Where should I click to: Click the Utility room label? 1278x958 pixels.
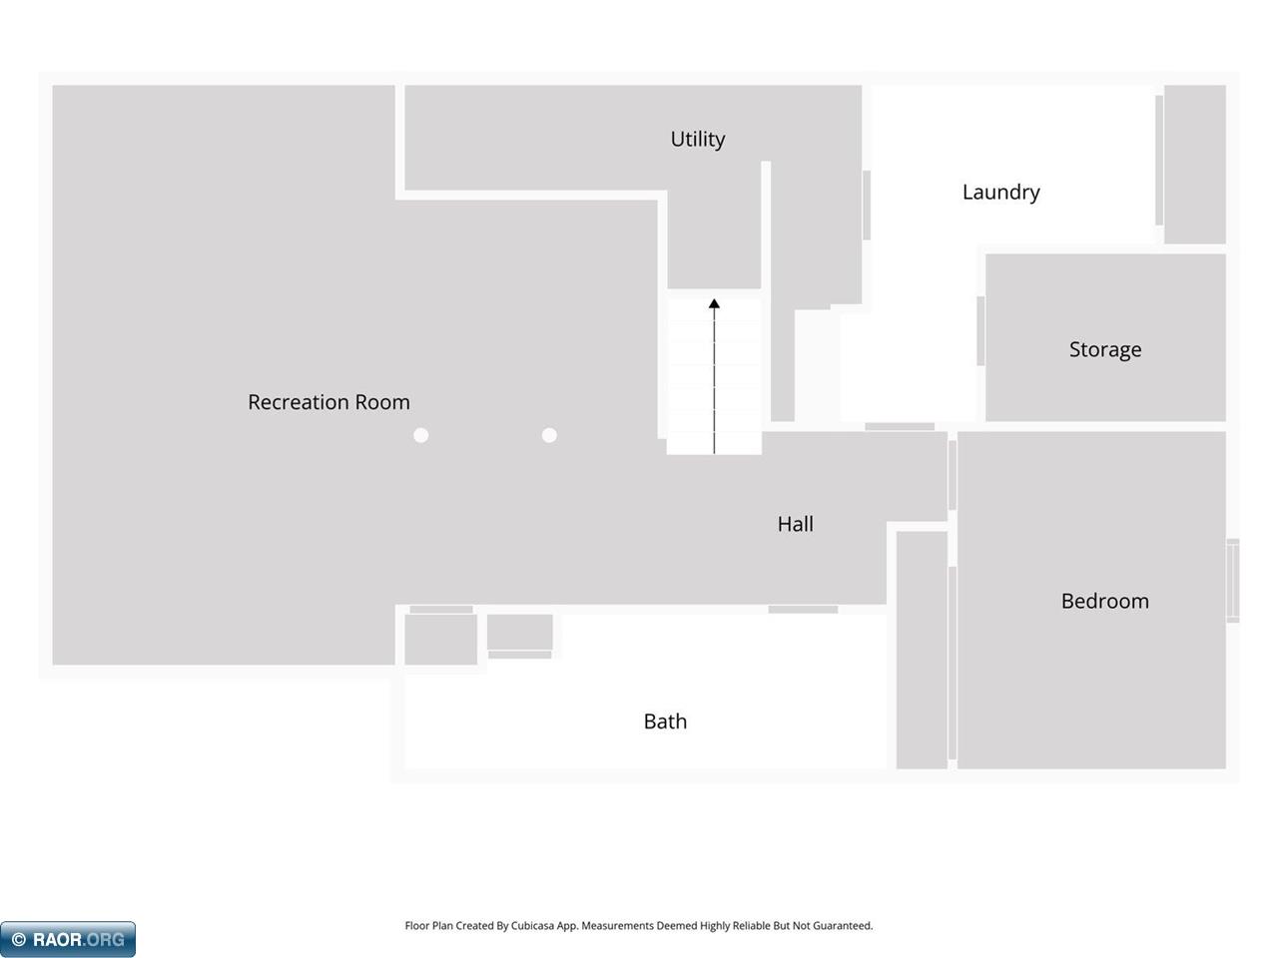point(698,140)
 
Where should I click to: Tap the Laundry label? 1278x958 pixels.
point(1000,193)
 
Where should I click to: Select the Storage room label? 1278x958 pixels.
point(1105,349)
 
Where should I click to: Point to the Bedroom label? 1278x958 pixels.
point(1105,601)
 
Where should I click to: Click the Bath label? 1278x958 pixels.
point(665,721)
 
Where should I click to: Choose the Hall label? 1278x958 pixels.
point(796,524)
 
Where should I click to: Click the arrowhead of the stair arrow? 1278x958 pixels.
point(714,303)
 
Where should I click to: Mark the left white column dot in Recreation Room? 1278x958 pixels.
point(421,435)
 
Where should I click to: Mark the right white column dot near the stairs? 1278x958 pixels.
point(549,435)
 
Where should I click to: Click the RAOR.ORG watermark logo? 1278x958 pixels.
point(68,939)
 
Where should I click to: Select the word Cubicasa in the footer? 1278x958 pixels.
point(532,925)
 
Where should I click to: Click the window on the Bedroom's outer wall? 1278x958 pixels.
point(1233,581)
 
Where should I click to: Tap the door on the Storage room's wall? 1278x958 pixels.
point(980,331)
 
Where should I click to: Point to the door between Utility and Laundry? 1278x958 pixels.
point(867,205)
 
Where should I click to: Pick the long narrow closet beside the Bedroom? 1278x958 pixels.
point(922,650)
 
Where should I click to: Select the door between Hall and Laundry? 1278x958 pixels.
point(900,426)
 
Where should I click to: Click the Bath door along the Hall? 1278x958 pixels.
point(803,609)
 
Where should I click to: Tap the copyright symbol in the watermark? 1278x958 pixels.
point(19,939)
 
